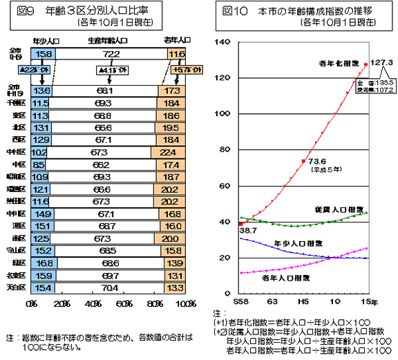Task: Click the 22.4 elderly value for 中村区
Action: pos(170,152)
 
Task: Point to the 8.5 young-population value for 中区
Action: pos(39,165)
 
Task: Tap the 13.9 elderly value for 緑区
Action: pos(174,263)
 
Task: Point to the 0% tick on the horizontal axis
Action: pos(32,304)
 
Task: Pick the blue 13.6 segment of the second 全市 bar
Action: pos(42,91)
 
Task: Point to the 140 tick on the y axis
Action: pos(223,43)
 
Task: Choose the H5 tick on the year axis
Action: pos(303,301)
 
